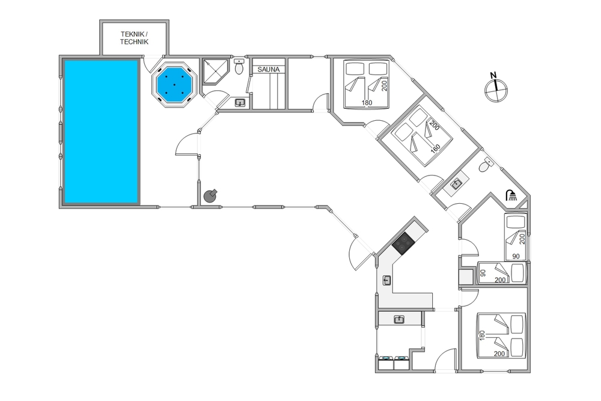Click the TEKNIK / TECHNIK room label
tap(134, 38)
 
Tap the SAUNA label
tap(268, 70)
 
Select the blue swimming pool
tap(101, 131)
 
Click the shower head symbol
tap(511, 195)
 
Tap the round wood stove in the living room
tap(210, 195)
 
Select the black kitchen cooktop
tap(403, 243)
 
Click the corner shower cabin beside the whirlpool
tap(215, 72)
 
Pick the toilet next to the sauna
tap(239, 67)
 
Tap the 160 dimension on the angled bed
tap(435, 148)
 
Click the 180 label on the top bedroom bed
tap(367, 103)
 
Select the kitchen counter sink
tap(386, 280)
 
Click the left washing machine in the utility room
tap(386, 363)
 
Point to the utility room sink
tap(399, 319)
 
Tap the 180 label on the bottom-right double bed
tap(482, 335)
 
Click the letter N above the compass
tap(493, 75)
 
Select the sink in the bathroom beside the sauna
tap(240, 103)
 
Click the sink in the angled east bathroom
tap(456, 185)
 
